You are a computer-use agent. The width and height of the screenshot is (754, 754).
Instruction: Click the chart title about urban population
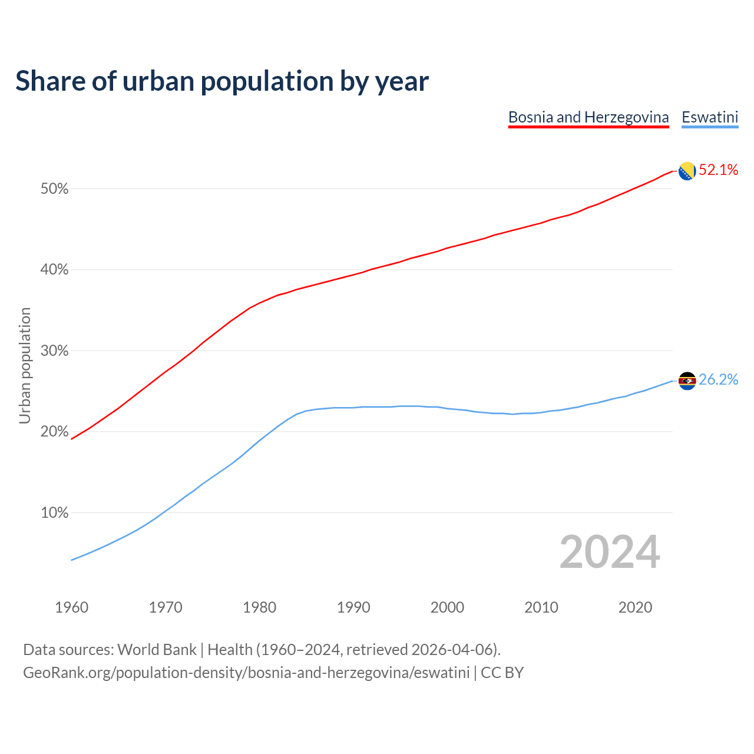(222, 81)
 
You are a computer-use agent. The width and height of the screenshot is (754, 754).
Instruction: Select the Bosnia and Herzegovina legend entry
(588, 117)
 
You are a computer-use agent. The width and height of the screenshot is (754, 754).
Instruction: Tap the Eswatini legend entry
(710, 117)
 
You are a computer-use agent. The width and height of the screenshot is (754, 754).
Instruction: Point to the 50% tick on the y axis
(55, 189)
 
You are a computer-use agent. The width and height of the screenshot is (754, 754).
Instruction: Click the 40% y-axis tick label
(55, 270)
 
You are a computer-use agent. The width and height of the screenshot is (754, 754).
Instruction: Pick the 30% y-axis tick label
(55, 351)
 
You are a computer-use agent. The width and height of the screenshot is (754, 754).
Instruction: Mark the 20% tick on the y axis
(55, 432)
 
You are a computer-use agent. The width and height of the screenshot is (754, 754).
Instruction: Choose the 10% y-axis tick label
(55, 513)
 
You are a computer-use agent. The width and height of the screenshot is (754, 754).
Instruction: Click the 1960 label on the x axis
(72, 607)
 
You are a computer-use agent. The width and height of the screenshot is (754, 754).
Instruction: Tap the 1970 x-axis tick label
(166, 607)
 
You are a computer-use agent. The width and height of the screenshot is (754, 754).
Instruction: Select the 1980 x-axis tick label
(260, 607)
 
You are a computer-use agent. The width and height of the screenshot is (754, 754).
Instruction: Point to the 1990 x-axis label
(353, 607)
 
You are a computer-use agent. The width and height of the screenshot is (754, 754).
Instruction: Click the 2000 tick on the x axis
(448, 607)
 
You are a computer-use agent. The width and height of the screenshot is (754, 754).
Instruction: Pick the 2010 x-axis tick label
(541, 607)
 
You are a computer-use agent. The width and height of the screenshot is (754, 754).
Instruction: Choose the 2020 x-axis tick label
(635, 607)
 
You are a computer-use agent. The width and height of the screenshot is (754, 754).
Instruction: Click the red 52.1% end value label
(719, 170)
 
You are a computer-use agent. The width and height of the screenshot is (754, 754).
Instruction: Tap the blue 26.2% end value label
(719, 380)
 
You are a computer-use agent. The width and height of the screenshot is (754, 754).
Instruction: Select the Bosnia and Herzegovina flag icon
(687, 171)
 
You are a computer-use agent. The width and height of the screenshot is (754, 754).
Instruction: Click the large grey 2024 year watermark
(610, 552)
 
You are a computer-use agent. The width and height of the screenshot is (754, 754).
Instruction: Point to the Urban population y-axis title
(25, 365)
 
